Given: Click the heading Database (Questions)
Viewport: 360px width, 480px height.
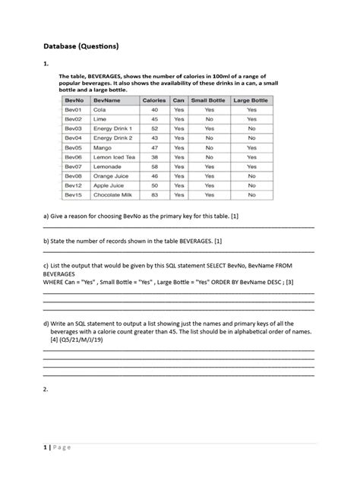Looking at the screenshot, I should coord(81,47).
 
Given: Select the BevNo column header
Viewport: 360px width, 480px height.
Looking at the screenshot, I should coord(74,99).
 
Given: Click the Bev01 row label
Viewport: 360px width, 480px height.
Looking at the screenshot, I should coord(73,110).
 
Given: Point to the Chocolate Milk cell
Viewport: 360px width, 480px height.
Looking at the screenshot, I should coord(113,195).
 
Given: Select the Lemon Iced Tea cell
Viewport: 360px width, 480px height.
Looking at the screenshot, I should coord(113,156).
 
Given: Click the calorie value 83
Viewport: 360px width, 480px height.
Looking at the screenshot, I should coord(154,195).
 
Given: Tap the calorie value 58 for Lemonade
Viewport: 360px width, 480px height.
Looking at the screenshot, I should coord(154,166).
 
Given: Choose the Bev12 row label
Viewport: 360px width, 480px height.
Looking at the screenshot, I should coord(73,185).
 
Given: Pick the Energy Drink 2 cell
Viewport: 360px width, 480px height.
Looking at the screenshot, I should coord(112,138).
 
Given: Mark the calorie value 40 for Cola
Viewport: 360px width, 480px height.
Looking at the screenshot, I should coord(154,110).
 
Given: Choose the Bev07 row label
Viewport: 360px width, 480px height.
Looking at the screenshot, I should coord(73,166).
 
